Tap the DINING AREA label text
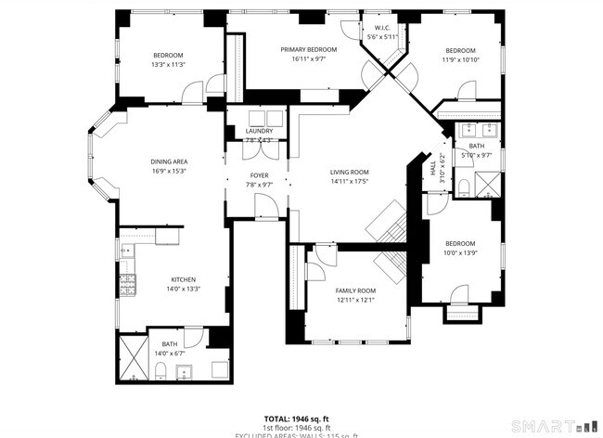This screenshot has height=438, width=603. coord(169,161)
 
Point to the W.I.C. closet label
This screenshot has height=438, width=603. coord(381,28)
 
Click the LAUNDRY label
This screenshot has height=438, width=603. coord(259,131)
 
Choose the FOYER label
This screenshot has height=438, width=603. coord(259,174)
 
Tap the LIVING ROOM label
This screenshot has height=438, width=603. coord(350,172)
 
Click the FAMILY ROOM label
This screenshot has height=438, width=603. coord(354,290)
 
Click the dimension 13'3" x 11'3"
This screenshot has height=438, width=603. coord(168,64)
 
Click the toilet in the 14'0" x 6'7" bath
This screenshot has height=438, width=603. coord(161,373)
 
